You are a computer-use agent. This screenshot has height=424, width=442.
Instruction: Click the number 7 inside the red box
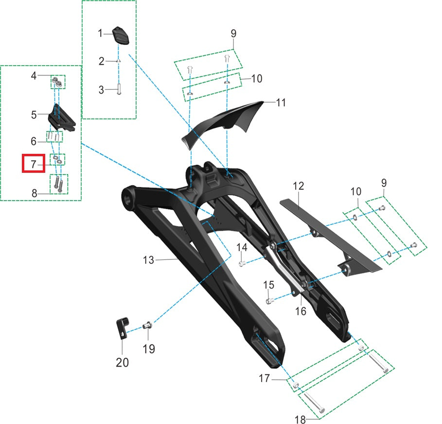[34, 164]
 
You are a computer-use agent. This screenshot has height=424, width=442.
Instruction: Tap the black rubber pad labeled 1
[121, 35]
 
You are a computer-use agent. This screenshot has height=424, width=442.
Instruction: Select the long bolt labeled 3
[119, 89]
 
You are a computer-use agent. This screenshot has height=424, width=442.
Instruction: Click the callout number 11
[281, 102]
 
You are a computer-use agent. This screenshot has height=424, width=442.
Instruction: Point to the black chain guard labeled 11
[223, 121]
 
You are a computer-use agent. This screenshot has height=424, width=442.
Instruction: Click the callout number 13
[148, 260]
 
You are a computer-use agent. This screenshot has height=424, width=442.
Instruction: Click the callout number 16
[301, 311]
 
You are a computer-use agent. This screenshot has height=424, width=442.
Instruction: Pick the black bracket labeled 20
[122, 328]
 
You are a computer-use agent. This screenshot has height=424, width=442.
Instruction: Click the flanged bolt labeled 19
[147, 326]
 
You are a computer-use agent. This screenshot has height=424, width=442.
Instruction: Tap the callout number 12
[298, 186]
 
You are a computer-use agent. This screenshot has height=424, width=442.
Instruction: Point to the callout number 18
[300, 420]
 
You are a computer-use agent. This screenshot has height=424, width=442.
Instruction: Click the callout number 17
[264, 378]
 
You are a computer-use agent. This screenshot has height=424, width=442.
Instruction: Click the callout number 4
[34, 75]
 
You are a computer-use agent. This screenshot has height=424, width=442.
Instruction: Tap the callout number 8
[34, 193]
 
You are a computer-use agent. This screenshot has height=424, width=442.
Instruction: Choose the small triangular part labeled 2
[119, 60]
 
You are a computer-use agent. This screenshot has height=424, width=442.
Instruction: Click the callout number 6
[34, 141]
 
